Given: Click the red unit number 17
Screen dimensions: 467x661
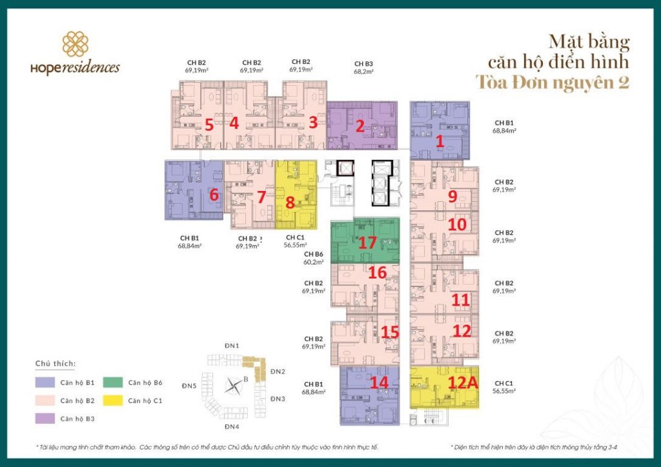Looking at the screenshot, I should tap(367, 243).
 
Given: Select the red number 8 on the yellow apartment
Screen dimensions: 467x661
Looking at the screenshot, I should tap(290, 203).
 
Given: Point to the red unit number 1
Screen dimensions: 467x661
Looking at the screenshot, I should tap(440, 140).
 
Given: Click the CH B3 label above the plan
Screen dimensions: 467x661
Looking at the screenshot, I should tap(363, 64).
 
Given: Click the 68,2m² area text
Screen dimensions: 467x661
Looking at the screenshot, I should tap(363, 72).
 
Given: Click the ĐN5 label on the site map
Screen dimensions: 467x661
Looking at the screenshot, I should tap(188, 386).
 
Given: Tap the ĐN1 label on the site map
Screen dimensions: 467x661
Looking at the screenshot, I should tap(232, 346).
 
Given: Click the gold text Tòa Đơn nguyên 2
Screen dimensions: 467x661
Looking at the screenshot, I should tap(552, 83).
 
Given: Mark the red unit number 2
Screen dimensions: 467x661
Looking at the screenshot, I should tap(360, 126).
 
